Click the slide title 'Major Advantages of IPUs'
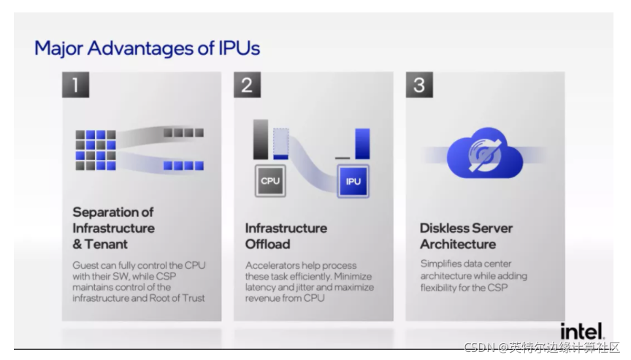147,49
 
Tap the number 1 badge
75,85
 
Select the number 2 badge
247,85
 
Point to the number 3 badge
419,85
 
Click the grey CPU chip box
270,181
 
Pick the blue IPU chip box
353,181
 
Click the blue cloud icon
485,154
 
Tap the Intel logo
581,331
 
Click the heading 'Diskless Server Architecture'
466,236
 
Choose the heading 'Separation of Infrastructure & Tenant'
113,228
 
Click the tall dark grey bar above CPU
261,139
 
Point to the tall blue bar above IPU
362,144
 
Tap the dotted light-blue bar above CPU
281,142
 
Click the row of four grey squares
183,133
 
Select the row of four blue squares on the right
183,166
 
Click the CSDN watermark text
541,347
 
